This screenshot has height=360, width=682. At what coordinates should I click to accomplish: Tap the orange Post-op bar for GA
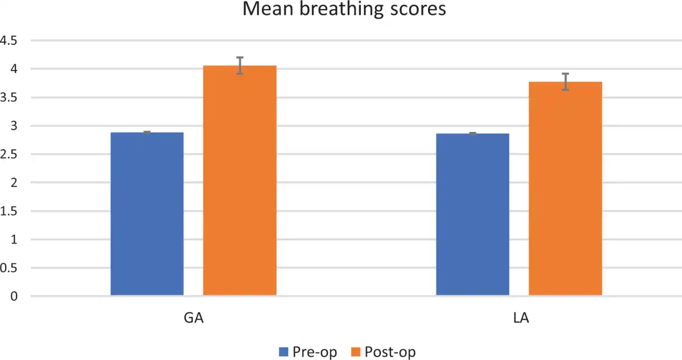point(240,180)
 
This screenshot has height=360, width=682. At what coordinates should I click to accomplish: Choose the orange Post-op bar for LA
point(565,188)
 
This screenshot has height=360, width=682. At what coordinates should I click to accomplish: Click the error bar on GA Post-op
point(240,65)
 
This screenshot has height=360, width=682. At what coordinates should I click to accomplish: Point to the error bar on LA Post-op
point(565,82)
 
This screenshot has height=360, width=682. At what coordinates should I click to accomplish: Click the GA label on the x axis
point(194,318)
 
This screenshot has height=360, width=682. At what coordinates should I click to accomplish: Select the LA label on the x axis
point(519,318)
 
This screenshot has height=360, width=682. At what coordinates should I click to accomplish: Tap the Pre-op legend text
point(314,352)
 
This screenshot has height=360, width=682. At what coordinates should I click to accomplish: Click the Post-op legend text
point(390,352)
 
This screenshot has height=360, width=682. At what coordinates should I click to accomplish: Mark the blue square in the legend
point(284,352)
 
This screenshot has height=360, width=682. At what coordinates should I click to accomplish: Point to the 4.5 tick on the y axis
point(10,41)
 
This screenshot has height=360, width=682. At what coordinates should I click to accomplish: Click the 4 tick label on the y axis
point(14,69)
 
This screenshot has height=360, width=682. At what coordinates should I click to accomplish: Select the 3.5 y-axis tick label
point(10,98)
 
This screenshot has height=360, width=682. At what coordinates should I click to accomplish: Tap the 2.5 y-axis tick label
point(10,155)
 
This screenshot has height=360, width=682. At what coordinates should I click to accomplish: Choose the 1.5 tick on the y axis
point(10,212)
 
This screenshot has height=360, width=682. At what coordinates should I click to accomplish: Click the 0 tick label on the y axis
point(14,297)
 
